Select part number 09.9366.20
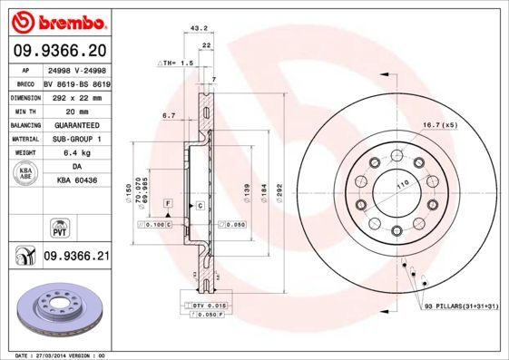56,51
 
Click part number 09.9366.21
76,258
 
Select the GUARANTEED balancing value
76,124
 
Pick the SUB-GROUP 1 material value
76,139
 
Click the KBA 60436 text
76,181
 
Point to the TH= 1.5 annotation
177,63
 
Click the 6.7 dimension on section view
168,116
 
